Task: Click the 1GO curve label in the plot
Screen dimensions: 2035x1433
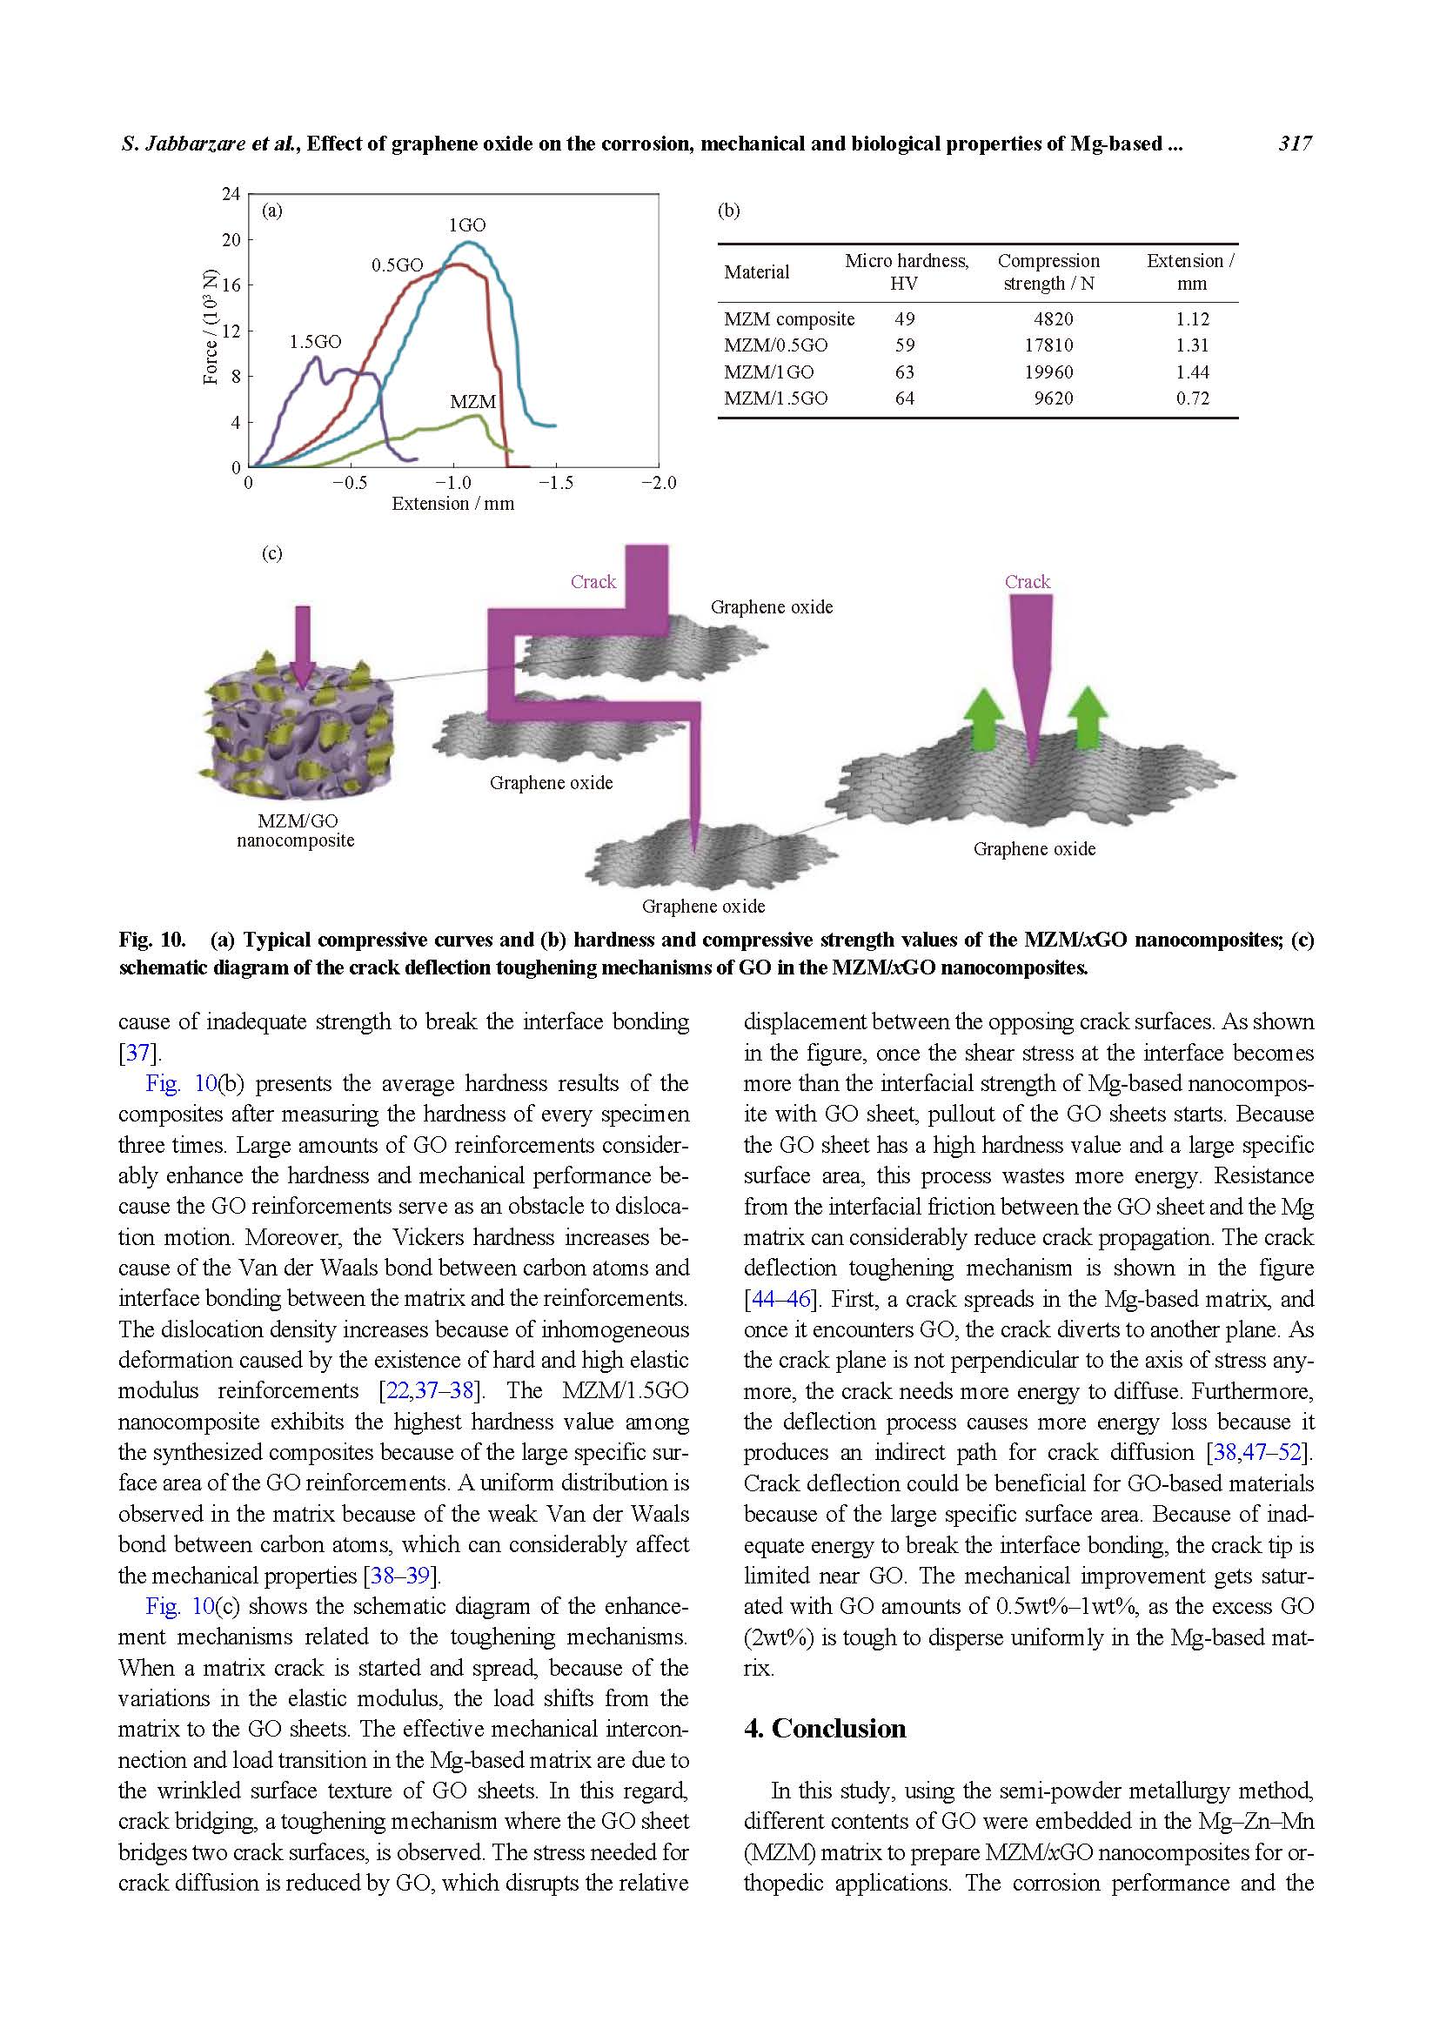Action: coord(467,225)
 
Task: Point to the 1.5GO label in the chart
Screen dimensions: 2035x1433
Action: coord(315,342)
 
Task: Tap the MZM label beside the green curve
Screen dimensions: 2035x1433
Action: coord(472,401)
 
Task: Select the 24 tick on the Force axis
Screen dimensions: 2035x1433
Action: coord(231,194)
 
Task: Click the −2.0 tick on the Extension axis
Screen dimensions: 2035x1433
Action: coord(658,483)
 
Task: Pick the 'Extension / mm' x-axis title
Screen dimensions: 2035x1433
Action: coord(452,505)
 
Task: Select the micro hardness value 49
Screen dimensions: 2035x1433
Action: coord(904,319)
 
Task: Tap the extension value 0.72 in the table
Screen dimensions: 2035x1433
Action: coord(1192,398)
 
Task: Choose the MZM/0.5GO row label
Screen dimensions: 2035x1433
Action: coord(775,345)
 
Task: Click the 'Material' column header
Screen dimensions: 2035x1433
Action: coord(756,272)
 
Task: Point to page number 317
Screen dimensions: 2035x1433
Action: coord(1295,144)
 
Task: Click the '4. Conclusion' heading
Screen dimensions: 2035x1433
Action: coord(824,1729)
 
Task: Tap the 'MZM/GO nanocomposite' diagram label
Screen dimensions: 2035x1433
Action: coord(296,831)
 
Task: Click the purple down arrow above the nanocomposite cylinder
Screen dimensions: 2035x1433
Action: coord(302,646)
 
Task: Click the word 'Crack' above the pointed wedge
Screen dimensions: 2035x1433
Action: coord(1028,581)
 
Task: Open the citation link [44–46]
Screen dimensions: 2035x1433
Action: coord(780,1299)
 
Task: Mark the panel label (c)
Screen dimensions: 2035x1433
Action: coord(271,554)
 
